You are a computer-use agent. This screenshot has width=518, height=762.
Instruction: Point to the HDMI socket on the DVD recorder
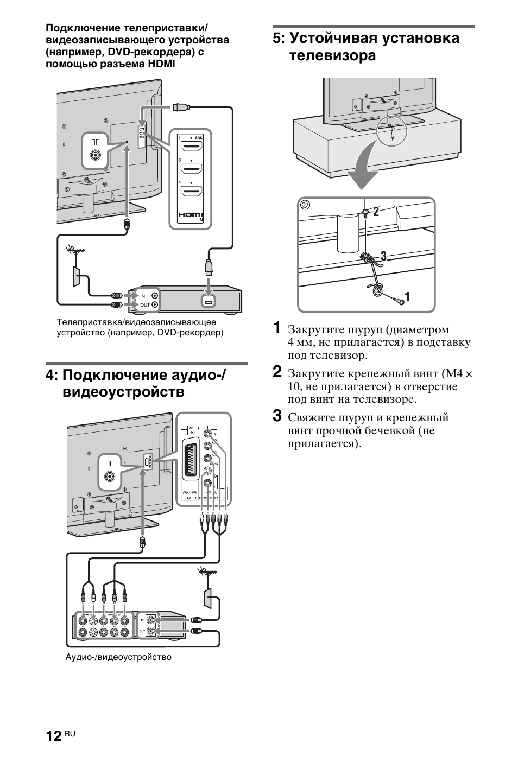pos(207,300)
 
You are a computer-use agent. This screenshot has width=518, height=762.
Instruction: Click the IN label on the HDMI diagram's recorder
pos(143,296)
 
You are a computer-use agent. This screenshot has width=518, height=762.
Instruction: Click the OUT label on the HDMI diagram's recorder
pos(144,305)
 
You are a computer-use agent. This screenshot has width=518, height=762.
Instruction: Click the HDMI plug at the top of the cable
pos(181,107)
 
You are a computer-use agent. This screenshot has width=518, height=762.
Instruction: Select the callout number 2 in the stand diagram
pos(375,212)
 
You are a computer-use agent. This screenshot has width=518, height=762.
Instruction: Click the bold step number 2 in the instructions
pos(277,372)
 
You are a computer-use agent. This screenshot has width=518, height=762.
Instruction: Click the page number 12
pos(53,735)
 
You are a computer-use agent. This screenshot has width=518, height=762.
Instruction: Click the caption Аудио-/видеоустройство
pos(118,657)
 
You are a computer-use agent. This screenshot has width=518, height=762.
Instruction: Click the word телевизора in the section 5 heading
pos(332,56)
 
